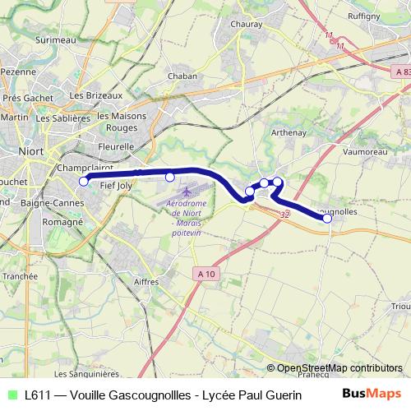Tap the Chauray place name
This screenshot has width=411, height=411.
click(x=246, y=24)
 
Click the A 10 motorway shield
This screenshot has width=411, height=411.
click(x=208, y=273)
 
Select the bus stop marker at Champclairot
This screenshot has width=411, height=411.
click(x=83, y=182)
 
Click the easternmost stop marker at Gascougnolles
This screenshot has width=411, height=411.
click(x=327, y=218)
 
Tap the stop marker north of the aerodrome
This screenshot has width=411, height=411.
click(x=170, y=177)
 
